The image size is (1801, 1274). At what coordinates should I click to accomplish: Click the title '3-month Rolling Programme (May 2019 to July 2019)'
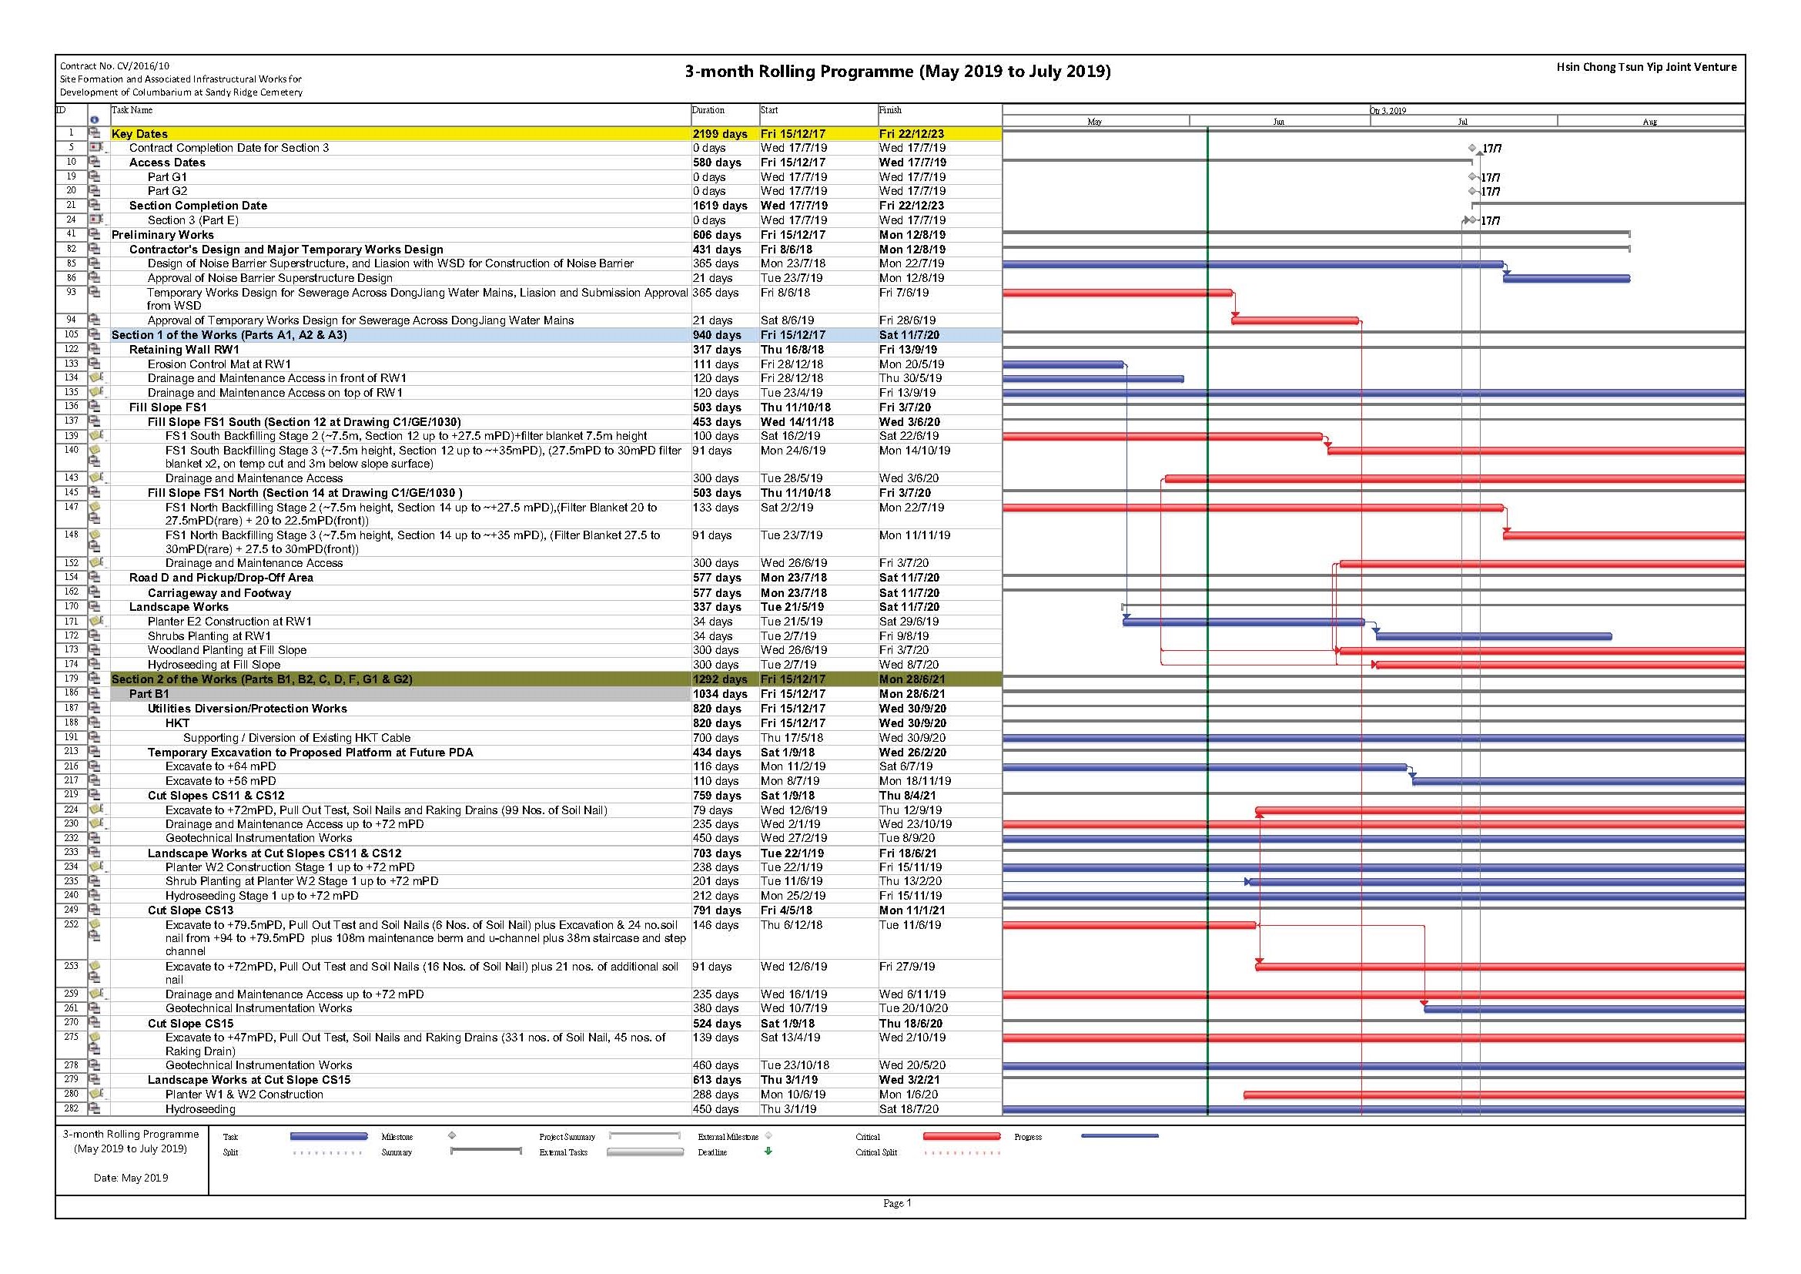click(x=897, y=72)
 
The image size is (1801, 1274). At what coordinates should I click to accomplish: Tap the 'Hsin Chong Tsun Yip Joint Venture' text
click(x=1646, y=68)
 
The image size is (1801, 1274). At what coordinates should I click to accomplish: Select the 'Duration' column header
click(x=708, y=111)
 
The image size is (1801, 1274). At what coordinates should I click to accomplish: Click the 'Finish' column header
click(x=890, y=111)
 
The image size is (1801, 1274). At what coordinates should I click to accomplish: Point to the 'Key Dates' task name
click(x=139, y=134)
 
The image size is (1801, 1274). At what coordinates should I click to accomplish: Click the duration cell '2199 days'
click(x=719, y=134)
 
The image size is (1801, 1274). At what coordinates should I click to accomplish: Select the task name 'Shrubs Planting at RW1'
click(x=209, y=636)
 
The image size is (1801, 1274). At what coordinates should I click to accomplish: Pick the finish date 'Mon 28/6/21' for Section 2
click(x=912, y=679)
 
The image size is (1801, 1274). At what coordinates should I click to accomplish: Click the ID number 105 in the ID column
click(x=72, y=334)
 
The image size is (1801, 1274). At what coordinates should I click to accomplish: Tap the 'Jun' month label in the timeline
click(x=1279, y=122)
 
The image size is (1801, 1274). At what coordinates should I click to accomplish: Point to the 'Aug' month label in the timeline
click(x=1649, y=122)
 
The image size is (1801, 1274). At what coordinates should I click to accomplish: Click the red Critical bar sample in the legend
click(x=962, y=1136)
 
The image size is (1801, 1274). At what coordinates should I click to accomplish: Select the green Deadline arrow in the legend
click(x=768, y=1152)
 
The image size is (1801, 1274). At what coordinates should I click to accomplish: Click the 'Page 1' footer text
click(x=897, y=1203)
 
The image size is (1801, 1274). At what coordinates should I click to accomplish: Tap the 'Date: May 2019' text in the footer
click(x=131, y=1178)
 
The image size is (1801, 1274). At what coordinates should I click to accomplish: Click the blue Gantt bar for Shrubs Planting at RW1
click(x=1494, y=636)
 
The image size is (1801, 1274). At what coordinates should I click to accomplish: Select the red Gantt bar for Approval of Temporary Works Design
click(x=1295, y=320)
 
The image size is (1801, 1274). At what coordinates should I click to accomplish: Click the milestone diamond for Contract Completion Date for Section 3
click(x=1472, y=148)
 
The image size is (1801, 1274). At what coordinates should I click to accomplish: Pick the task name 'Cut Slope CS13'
click(x=191, y=910)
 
